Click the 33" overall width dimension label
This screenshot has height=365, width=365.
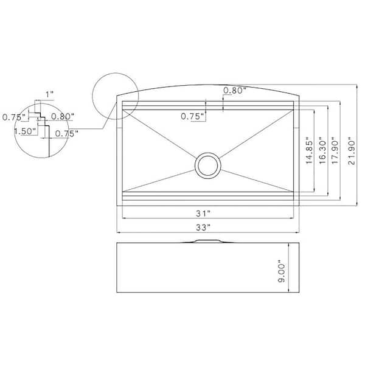pos(203,227)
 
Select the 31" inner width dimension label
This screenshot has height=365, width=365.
pos(203,214)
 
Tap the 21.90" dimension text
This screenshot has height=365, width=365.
pos(352,152)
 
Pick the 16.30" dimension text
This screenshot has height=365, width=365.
pos(322,150)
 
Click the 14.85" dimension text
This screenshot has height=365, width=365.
pos(309,152)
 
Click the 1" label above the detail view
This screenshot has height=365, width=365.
pos(49,94)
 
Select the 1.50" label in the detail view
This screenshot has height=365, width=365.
pos(26,131)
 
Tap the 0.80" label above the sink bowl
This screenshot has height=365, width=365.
pos(235,90)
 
